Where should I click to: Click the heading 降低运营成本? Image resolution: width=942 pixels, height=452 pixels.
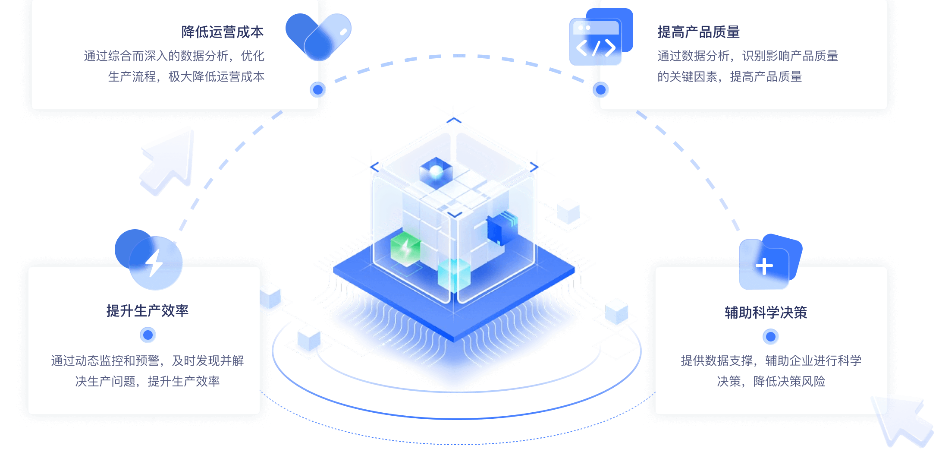click(x=222, y=32)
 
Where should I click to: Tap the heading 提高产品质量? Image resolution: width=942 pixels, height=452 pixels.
click(x=698, y=32)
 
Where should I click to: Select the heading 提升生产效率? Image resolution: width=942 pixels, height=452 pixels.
click(x=148, y=311)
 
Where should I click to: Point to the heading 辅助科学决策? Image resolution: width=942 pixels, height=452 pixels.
click(x=766, y=313)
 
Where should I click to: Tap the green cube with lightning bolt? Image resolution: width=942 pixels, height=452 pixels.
click(x=405, y=248)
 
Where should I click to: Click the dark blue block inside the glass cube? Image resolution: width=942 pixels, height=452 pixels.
click(x=500, y=229)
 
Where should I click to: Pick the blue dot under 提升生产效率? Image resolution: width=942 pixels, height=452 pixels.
click(x=148, y=335)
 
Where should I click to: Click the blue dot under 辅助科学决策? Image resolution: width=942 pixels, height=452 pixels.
click(x=770, y=336)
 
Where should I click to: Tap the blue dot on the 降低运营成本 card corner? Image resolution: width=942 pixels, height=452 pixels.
click(x=318, y=89)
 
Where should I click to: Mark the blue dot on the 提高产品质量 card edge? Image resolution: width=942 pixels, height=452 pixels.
click(x=600, y=89)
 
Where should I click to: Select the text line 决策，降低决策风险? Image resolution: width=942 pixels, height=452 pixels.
click(x=771, y=381)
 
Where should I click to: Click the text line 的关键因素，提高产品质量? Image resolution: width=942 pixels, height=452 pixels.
click(x=729, y=77)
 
